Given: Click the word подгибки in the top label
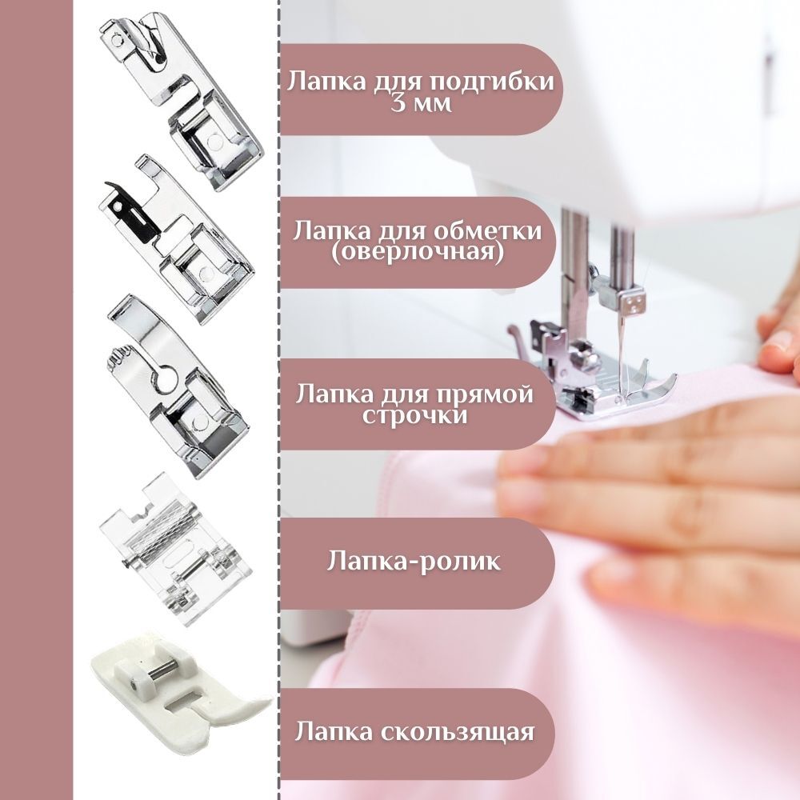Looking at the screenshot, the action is [x=490, y=82].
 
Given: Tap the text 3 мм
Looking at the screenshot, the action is [x=422, y=105].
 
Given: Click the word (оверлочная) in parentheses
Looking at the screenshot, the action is [x=418, y=251].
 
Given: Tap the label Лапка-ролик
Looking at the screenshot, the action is [x=414, y=561].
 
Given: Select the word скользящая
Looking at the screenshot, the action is [x=457, y=732].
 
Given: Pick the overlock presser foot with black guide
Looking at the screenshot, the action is [x=176, y=240].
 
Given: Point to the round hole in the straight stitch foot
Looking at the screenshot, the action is [x=166, y=380].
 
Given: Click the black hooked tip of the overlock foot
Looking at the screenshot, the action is [x=112, y=186].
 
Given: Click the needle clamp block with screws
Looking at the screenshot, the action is [x=633, y=305].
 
